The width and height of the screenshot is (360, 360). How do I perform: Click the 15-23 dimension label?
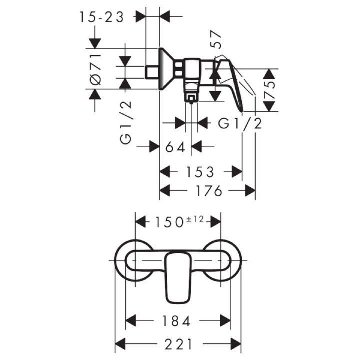pos(102,17)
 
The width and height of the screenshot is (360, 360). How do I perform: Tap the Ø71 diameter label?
pos(95,70)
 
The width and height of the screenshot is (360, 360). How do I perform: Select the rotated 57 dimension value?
pos(216,40)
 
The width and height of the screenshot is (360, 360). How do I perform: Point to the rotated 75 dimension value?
pos(269,90)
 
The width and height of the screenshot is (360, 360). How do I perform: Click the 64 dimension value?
pos(175,147)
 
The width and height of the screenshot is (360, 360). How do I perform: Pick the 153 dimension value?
pos(200,172)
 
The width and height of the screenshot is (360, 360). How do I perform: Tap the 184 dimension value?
pos(176,321)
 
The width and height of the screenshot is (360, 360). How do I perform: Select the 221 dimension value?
pos(178,344)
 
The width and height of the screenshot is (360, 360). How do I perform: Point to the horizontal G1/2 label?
pos(240,124)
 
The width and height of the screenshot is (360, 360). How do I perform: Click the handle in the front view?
pos(178,277)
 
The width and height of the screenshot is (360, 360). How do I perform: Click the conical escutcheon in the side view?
pos(167,68)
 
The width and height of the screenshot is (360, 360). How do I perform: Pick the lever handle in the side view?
pos(229,85)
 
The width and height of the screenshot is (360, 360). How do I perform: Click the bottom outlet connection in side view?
pos(191,99)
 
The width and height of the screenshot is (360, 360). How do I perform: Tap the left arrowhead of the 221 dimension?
pos(120,344)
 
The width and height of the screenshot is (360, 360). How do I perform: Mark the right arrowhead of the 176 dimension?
pos(250,191)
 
